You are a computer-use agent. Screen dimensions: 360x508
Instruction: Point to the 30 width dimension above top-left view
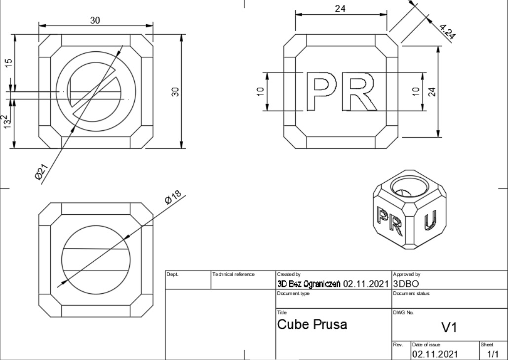tap(95, 20)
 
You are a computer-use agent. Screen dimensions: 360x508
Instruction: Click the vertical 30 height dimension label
tap(174, 91)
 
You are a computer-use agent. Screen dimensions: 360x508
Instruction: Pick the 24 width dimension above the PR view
tap(340, 8)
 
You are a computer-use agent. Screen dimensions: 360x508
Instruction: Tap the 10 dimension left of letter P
tap(261, 92)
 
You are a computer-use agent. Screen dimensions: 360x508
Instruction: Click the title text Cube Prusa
tap(312, 324)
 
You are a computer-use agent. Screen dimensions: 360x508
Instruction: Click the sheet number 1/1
tap(492, 354)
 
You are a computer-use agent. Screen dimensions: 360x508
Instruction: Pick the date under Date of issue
tap(434, 354)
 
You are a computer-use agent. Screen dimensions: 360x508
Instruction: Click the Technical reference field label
tap(234, 274)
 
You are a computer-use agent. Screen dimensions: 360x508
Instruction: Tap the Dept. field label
tap(172, 274)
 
